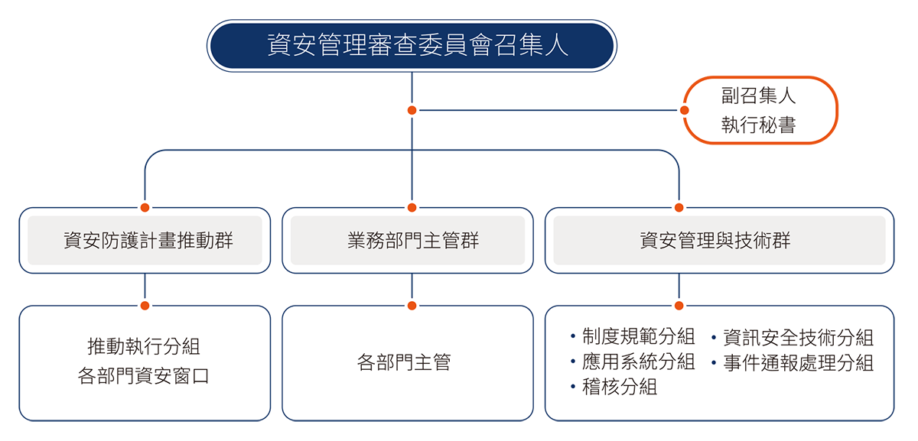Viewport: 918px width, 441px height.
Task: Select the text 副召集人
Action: tap(758, 96)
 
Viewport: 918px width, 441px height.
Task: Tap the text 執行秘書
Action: tap(758, 125)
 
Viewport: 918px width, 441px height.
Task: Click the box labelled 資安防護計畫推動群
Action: tap(145, 241)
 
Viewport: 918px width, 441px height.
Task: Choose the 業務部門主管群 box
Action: tap(408, 241)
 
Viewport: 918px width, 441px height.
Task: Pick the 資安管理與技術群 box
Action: tap(719, 241)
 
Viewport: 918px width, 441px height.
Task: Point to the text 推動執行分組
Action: tap(144, 346)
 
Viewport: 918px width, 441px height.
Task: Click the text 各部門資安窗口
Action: tap(144, 377)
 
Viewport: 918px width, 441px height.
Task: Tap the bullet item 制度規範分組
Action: tap(638, 336)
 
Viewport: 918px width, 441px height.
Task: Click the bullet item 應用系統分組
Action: tap(638, 362)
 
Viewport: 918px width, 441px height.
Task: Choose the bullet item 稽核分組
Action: tap(619, 387)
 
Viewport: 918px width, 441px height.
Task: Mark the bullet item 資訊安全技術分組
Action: tap(798, 337)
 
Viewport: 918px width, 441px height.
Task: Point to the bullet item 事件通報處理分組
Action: tap(798, 362)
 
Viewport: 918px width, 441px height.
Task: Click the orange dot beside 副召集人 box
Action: tap(684, 110)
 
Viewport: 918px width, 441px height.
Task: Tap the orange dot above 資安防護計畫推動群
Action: tap(144, 207)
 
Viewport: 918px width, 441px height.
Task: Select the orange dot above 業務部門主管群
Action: tap(412, 207)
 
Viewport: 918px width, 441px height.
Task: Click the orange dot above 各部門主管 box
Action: tap(412, 306)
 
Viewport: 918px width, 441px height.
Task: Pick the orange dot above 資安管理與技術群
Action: tap(678, 207)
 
